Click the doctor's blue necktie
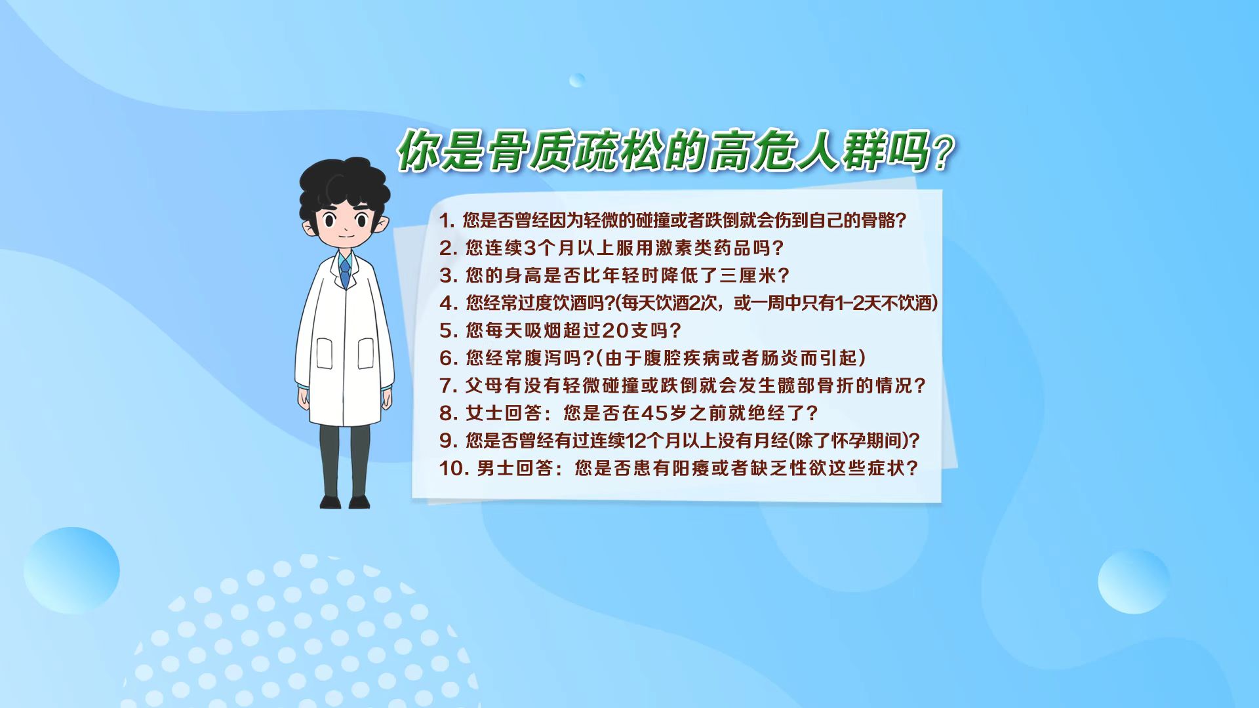[x=345, y=271]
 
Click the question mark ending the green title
[x=942, y=155]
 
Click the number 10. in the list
[x=453, y=469]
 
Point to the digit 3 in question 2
[x=530, y=248]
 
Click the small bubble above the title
[x=577, y=81]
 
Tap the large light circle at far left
[x=71, y=570]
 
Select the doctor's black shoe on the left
[x=331, y=501]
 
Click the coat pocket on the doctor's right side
[x=365, y=354]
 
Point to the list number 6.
[x=449, y=358]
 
